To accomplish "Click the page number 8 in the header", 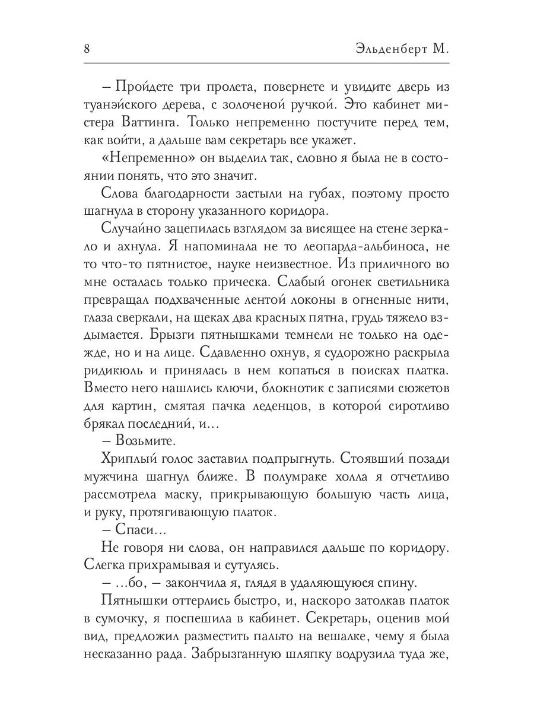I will (x=87, y=49).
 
